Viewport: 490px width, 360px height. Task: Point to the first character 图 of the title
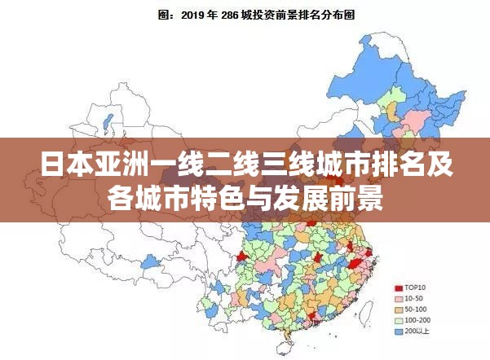(x=162, y=15)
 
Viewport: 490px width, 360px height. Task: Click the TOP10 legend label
(x=417, y=288)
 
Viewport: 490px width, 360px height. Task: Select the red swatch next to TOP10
(x=399, y=288)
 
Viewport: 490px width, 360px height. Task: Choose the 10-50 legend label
(x=416, y=299)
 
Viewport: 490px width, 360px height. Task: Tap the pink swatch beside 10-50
(x=399, y=299)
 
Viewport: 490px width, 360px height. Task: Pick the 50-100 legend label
(x=417, y=310)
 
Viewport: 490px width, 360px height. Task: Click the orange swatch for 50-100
(x=399, y=310)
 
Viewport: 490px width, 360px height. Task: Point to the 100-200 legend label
(x=419, y=321)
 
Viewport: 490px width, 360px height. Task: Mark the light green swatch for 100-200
(x=399, y=321)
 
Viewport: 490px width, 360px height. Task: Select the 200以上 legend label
(x=419, y=332)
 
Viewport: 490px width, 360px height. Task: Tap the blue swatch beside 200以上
(x=399, y=332)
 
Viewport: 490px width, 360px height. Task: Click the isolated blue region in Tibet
(x=149, y=262)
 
